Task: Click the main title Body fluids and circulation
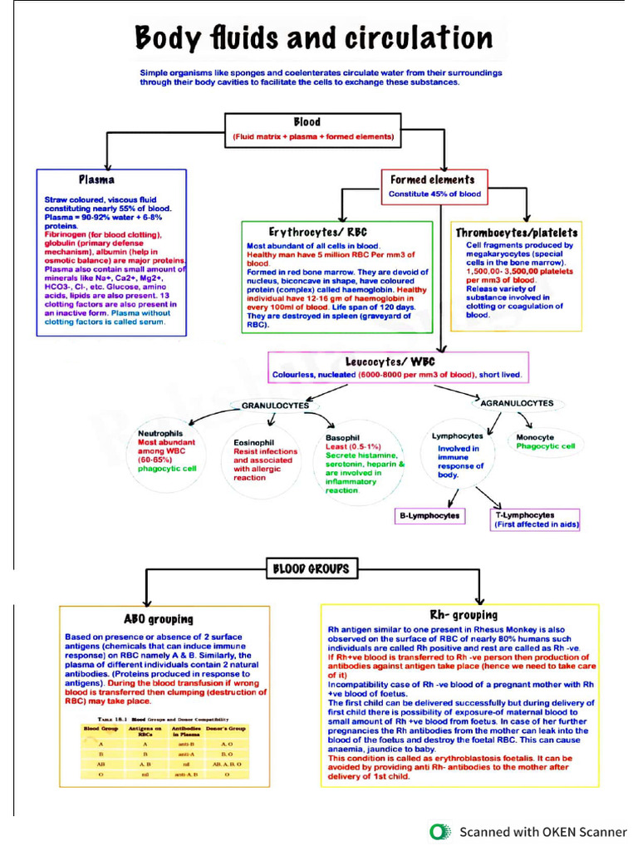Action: tap(314, 39)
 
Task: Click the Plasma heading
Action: tap(96, 179)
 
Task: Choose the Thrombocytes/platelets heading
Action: tap(516, 233)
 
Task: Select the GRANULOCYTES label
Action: tap(274, 406)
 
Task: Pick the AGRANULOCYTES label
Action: tap(517, 403)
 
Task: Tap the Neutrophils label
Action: tap(160, 433)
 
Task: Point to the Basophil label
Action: tap(342, 437)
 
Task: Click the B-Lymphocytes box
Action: tap(429, 516)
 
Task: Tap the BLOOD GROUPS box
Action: tap(312, 569)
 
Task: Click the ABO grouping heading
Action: tap(158, 618)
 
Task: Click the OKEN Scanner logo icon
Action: tap(440, 831)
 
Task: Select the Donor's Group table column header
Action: tap(227, 730)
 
